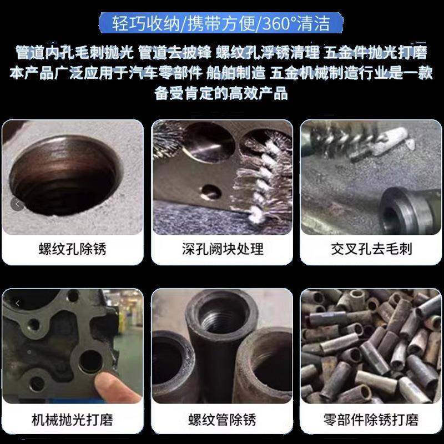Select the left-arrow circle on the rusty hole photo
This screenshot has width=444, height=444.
16,204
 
